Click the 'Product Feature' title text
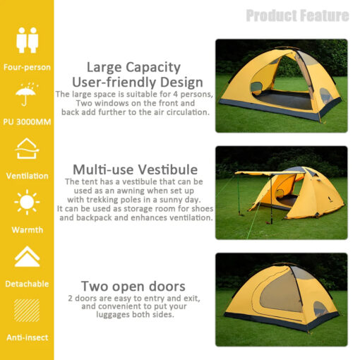click(297, 16)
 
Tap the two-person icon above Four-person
click(27, 40)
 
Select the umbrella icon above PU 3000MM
click(27, 95)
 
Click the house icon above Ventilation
click(27, 149)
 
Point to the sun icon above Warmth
click(27, 203)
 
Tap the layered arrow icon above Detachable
click(27, 256)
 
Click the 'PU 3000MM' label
click(27, 121)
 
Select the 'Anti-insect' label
click(27, 337)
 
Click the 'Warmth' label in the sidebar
click(27, 229)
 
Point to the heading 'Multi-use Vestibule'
click(135, 169)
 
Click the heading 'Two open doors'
click(133, 286)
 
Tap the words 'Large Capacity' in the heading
click(133, 67)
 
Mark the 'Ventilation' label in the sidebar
click(27, 176)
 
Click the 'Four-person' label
click(27, 68)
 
